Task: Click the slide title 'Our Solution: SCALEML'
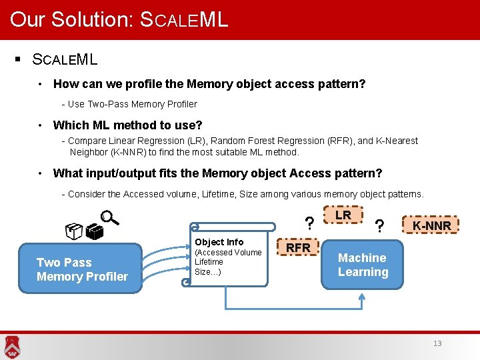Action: pyautogui.click(x=119, y=19)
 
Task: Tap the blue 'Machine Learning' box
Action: pyautogui.click(x=363, y=265)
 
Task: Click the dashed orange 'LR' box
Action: pyautogui.click(x=343, y=216)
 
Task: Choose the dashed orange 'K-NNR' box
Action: pyautogui.click(x=431, y=225)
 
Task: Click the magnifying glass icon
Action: pyautogui.click(x=108, y=218)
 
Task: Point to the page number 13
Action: pyautogui.click(x=437, y=343)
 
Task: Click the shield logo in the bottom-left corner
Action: pyautogui.click(x=11, y=345)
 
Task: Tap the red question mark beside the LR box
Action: pyautogui.click(x=309, y=222)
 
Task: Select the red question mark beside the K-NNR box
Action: pyautogui.click(x=379, y=227)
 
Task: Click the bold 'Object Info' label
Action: pyautogui.click(x=219, y=242)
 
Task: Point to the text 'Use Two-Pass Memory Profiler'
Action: pyautogui.click(x=132, y=104)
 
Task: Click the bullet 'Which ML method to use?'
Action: pyautogui.click(x=127, y=125)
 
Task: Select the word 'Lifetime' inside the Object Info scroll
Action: pyautogui.click(x=209, y=262)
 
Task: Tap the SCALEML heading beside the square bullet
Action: pyautogui.click(x=65, y=59)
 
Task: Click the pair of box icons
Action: pyautogui.click(x=84, y=231)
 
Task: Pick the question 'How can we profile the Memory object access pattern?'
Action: pyautogui.click(x=209, y=84)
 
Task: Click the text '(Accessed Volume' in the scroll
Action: pyautogui.click(x=228, y=253)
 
